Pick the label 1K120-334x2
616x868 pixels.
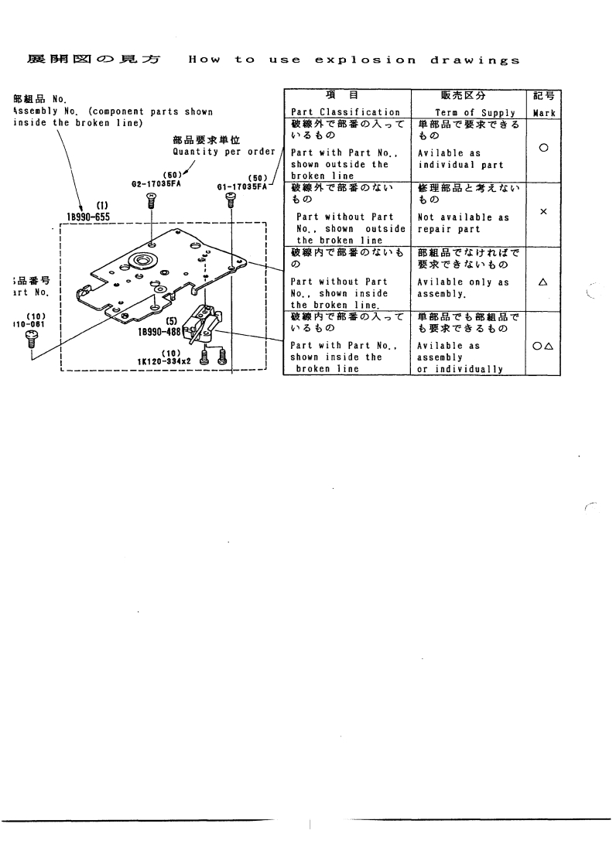pyautogui.click(x=164, y=361)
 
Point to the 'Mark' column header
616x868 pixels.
pyautogui.click(x=542, y=112)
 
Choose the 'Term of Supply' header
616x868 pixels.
pyautogui.click(x=464, y=112)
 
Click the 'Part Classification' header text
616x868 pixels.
pyautogui.click(x=344, y=112)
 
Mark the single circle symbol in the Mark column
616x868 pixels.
pyautogui.click(x=542, y=148)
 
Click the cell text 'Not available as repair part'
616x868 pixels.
pyautogui.click(x=463, y=224)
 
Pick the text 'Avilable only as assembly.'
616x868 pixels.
pyautogui.click(x=463, y=289)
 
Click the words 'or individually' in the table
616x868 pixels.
pyautogui.click(x=460, y=369)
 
